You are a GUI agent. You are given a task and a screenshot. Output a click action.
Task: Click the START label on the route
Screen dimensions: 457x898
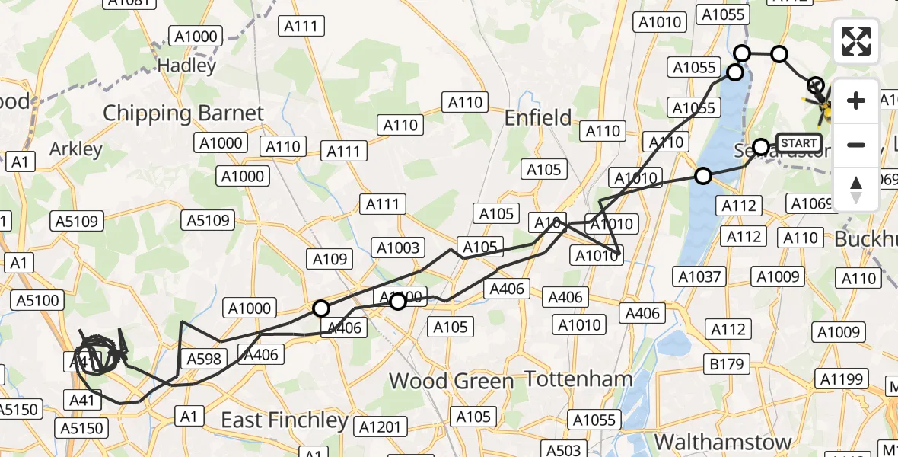coord(799,142)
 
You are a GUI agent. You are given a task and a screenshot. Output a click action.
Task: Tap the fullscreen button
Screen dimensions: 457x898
coord(856,41)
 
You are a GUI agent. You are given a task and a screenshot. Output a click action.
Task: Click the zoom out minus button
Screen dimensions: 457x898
coord(856,145)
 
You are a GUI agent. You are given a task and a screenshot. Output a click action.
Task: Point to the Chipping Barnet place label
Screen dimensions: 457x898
coord(183,113)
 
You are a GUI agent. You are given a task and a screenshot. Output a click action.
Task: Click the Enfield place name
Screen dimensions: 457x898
coord(538,118)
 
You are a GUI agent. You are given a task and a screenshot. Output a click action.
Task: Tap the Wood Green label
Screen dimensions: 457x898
coord(451,381)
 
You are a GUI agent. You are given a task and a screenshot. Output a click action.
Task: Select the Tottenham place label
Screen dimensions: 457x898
coord(579,379)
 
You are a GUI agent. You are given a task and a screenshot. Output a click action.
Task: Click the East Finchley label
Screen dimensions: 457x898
coord(284,420)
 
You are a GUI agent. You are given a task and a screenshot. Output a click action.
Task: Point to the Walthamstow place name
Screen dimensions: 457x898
coord(724,442)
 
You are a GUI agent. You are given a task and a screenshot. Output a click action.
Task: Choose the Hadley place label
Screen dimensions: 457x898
coord(187,66)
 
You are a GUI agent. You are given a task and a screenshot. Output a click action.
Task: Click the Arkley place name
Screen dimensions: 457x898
coord(75,149)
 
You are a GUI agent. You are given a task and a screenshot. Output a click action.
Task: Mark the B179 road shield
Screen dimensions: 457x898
coord(726,364)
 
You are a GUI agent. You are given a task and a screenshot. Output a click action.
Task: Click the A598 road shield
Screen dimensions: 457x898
coord(203,359)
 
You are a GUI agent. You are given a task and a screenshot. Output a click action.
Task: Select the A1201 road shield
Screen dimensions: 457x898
coord(381,427)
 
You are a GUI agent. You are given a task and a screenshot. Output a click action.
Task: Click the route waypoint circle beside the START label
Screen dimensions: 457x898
coord(761,146)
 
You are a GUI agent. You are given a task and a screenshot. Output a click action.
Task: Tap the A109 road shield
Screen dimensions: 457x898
coord(330,258)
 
